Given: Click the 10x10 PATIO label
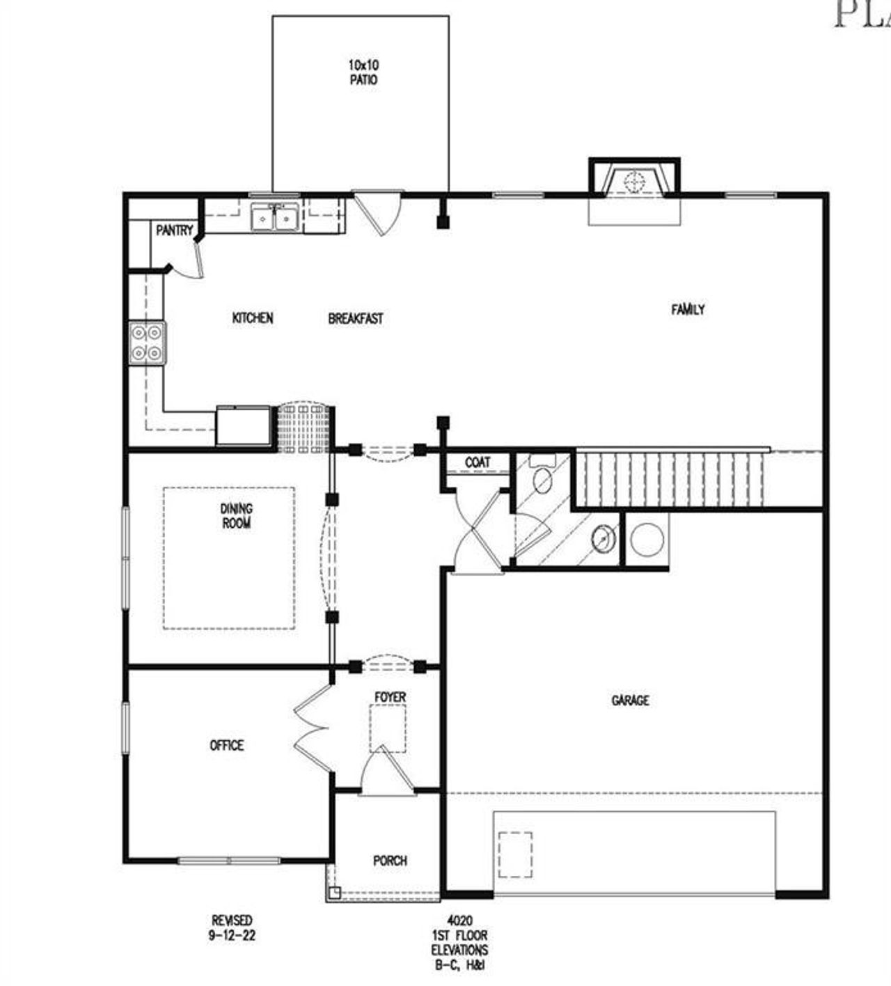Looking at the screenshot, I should pyautogui.click(x=363, y=72).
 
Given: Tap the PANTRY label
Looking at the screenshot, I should pyautogui.click(x=173, y=230).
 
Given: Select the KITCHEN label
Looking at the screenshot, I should pyautogui.click(x=252, y=318).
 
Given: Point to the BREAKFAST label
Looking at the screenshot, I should pyautogui.click(x=355, y=319).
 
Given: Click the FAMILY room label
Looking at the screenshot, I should pyautogui.click(x=688, y=309).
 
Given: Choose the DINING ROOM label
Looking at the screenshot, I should pyautogui.click(x=237, y=516).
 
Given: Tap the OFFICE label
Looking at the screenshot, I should pyautogui.click(x=227, y=746).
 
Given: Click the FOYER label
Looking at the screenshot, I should pyautogui.click(x=390, y=697).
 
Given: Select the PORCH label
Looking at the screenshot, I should pyautogui.click(x=390, y=861).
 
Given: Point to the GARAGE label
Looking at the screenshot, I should pyautogui.click(x=630, y=701).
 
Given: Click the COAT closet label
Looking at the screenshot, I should pyautogui.click(x=478, y=462).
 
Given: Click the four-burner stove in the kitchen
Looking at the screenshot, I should pyautogui.click(x=147, y=343).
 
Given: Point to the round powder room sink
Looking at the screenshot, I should pyautogui.click(x=603, y=537).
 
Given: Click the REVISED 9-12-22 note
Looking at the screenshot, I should pyautogui.click(x=232, y=928).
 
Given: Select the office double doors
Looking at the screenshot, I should pyautogui.click(x=313, y=728).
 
